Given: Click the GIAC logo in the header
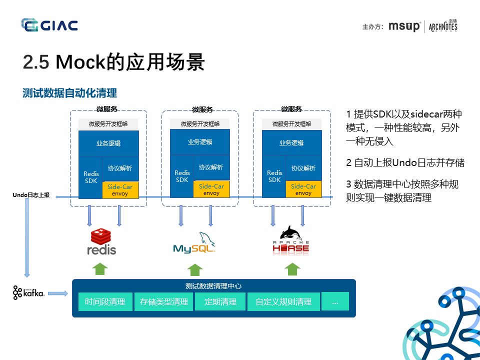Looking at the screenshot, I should point(49,24).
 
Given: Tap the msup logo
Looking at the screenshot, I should point(404,26).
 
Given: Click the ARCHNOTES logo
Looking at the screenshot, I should point(443,26).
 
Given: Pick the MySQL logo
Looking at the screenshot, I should point(194,243).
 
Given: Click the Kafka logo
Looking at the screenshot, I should point(29,293).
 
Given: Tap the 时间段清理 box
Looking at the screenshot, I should point(105,301).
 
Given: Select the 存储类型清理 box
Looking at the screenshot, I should point(163,301).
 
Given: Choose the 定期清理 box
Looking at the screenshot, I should point(220,301).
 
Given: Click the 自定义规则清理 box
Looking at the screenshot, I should point(283,301).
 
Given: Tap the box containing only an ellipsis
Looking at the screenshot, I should point(335,301).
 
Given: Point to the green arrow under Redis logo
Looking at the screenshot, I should point(100,268).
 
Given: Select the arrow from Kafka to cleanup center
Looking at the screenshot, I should point(58,293).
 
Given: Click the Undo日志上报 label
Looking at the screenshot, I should point(31,195).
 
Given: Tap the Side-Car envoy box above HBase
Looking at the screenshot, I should point(303,189).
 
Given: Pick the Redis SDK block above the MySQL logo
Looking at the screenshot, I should point(182,176).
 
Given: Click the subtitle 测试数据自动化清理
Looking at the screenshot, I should point(69,93).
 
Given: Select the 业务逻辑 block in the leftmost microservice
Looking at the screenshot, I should point(108,143).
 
